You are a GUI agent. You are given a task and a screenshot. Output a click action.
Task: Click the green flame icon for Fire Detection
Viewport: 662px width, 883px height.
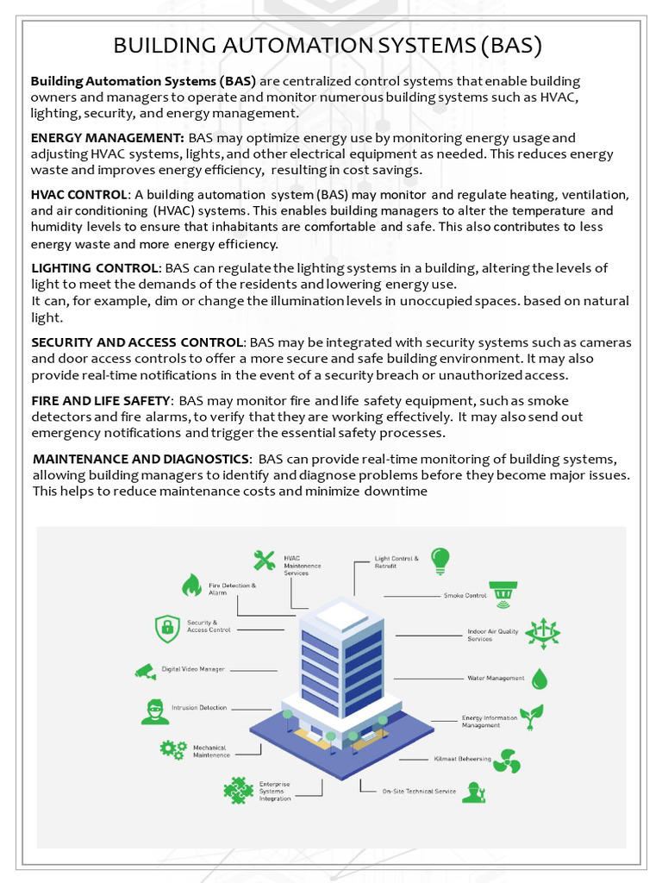pyautogui.click(x=191, y=586)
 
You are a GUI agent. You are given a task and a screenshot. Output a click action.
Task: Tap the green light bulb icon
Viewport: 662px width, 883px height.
pyautogui.click(x=440, y=560)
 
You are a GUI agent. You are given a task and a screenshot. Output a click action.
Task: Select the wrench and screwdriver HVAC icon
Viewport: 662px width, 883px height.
pyautogui.click(x=265, y=560)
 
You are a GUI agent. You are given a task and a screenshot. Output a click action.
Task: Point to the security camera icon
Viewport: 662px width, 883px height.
pyautogui.click(x=145, y=670)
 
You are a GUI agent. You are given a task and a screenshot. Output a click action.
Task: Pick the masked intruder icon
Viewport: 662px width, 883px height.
pyautogui.click(x=154, y=711)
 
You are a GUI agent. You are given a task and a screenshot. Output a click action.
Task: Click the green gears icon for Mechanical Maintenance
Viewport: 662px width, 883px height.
pyautogui.click(x=172, y=749)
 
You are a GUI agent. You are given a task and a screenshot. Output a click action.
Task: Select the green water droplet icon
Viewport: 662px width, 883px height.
pyautogui.click(x=540, y=679)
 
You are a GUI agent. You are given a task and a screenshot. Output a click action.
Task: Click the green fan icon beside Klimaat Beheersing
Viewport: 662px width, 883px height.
pyautogui.click(x=508, y=761)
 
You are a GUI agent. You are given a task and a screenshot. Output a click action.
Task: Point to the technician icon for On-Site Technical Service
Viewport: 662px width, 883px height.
pyautogui.click(x=473, y=792)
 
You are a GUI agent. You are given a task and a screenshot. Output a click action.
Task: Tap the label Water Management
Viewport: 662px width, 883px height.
pyautogui.click(x=496, y=678)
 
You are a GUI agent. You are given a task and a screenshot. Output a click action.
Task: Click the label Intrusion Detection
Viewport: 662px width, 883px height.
pyautogui.click(x=199, y=708)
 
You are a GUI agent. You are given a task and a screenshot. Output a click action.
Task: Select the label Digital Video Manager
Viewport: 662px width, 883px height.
pyautogui.click(x=193, y=669)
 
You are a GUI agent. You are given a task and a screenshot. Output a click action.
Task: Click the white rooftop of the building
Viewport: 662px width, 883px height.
pyautogui.click(x=343, y=614)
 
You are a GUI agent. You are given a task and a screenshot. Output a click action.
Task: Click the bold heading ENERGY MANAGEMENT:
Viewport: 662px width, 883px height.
pyautogui.click(x=107, y=138)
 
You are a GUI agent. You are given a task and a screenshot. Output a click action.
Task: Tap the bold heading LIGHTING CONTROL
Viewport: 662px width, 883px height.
pyautogui.click(x=95, y=268)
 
